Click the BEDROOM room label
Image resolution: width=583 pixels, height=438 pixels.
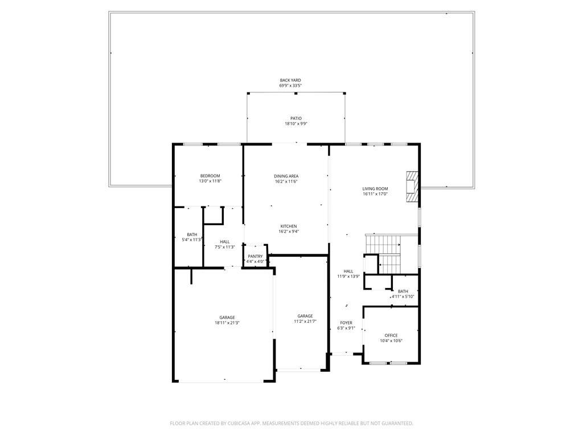point(210,176)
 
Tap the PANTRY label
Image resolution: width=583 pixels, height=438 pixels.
point(255,256)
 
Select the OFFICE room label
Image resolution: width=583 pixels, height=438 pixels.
point(391,335)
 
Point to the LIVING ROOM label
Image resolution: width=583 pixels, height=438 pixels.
point(375,189)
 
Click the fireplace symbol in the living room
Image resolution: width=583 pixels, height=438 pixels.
point(412,186)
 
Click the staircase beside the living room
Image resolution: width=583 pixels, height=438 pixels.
point(383,254)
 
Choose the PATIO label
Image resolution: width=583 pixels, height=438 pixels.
point(296,119)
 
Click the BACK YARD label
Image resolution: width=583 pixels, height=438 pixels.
point(290,80)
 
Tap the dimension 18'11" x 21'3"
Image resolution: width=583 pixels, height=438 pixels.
point(227,323)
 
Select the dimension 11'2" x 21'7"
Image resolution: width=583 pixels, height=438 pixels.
point(305,321)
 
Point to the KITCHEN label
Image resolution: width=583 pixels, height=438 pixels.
point(289,226)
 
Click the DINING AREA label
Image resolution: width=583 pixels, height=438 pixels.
point(286,176)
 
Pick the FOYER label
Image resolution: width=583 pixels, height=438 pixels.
point(346,323)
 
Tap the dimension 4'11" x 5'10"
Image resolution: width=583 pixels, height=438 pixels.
point(403,297)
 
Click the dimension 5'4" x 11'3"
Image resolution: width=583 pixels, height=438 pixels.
point(192,240)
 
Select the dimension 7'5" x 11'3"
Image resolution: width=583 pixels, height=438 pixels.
point(224,247)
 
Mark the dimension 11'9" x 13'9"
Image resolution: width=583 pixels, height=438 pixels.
point(348,277)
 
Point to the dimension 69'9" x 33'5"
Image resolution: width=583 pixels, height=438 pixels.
point(290,86)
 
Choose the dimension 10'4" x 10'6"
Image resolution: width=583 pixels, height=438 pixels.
point(391,340)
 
